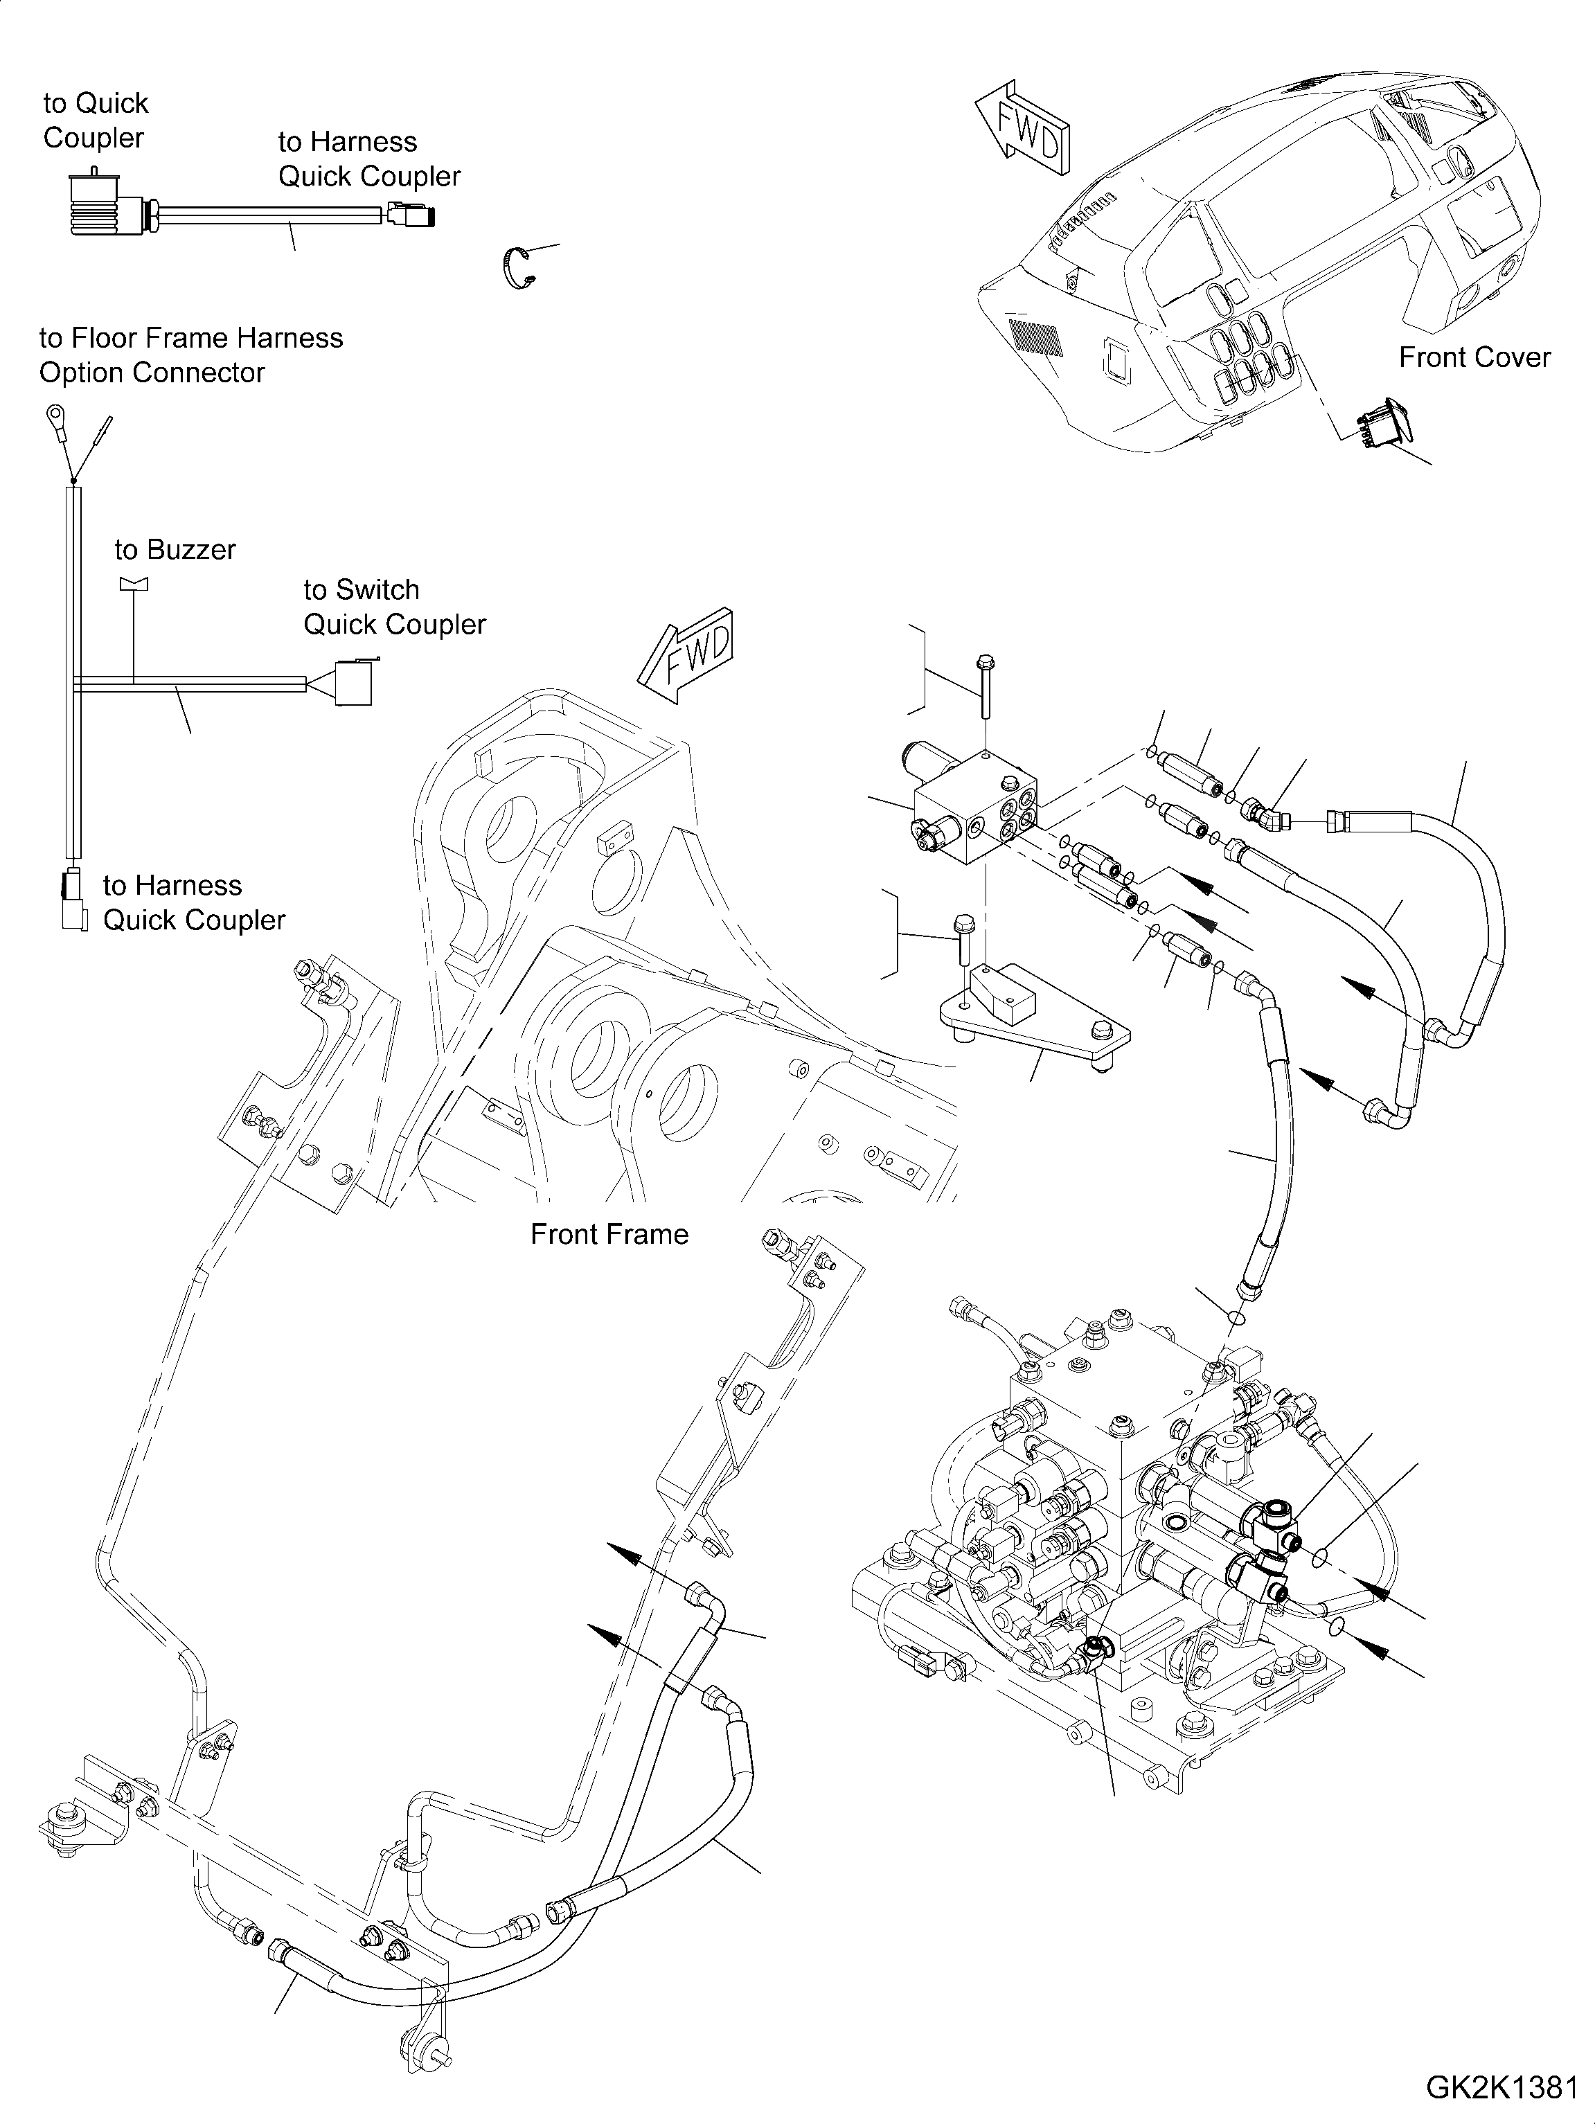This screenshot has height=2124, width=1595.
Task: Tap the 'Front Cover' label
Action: tap(1474, 357)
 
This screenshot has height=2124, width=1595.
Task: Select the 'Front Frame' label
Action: tap(609, 1234)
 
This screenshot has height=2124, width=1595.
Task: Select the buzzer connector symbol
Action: tap(134, 583)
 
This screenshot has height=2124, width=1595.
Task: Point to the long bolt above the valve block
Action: tap(984, 686)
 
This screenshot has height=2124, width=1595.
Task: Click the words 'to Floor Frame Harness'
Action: tap(190, 338)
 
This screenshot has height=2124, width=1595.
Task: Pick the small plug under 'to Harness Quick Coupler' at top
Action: tap(411, 214)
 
